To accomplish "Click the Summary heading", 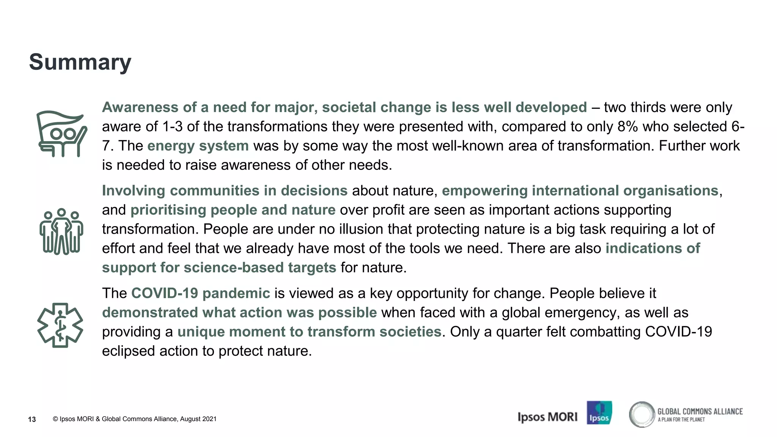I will [80, 62].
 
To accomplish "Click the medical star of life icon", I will [60, 325].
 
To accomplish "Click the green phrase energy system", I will [198, 146].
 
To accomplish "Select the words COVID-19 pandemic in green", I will [200, 293].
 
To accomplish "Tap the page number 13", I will [32, 419].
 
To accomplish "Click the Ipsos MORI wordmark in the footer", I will [547, 417].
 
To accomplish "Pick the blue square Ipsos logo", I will [599, 412].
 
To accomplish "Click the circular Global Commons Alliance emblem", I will [642, 414].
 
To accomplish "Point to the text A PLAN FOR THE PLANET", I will [681, 420].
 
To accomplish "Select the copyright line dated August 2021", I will [135, 419].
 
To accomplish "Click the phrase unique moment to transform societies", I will [309, 332].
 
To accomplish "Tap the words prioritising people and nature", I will [233, 210].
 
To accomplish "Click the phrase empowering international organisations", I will [580, 191].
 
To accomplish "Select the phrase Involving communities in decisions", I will [225, 191].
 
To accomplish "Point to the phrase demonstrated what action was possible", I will [239, 313].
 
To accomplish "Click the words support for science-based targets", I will [219, 268].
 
